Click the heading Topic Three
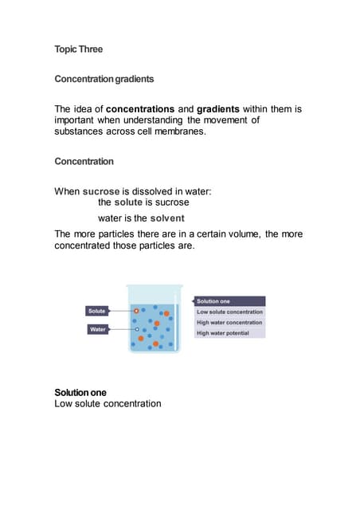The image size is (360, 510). click(78, 49)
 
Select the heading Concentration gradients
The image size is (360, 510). click(104, 80)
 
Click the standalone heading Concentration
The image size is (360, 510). click(84, 162)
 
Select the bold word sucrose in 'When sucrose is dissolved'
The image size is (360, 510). click(101, 192)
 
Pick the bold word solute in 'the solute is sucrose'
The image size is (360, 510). click(128, 203)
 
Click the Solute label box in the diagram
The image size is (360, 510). click(97, 310)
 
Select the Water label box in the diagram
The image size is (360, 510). click(97, 328)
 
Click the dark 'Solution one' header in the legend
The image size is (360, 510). click(229, 301)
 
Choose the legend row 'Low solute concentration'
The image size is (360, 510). click(229, 312)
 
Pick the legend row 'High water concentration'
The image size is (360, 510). click(229, 323)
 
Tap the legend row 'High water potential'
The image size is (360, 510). click(229, 333)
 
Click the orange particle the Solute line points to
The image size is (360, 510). click(137, 310)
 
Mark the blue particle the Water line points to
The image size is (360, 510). click(137, 328)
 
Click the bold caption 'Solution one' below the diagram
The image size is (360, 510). click(80, 393)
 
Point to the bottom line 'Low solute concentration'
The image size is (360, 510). click(108, 404)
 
